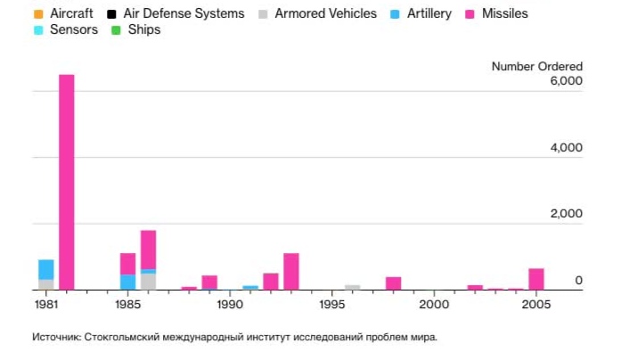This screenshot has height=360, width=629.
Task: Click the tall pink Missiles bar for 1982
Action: [x=67, y=182]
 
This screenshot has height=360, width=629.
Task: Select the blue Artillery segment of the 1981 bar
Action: [x=46, y=269]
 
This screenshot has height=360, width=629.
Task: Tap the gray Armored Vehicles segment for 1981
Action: [x=46, y=284]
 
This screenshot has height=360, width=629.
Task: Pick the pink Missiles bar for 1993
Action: [x=291, y=272]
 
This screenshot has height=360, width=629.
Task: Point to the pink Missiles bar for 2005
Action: [x=536, y=279]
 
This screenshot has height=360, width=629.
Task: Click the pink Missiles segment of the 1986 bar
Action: [x=149, y=250]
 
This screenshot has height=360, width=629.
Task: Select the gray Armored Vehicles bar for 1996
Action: [x=353, y=287]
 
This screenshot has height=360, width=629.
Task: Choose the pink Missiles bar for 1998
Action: [x=393, y=283]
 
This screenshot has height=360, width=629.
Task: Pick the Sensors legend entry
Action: [x=68, y=30]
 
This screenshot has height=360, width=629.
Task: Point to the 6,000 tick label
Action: [x=566, y=81]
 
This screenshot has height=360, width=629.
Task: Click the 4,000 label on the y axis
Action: [x=566, y=147]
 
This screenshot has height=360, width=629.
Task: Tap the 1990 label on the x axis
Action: [x=230, y=305]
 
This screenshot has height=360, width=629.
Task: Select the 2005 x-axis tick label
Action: [x=536, y=305]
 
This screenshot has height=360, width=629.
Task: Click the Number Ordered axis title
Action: [x=537, y=67]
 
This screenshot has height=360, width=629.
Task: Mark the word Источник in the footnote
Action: [x=57, y=338]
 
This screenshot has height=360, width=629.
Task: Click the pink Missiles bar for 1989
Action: [x=209, y=282]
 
